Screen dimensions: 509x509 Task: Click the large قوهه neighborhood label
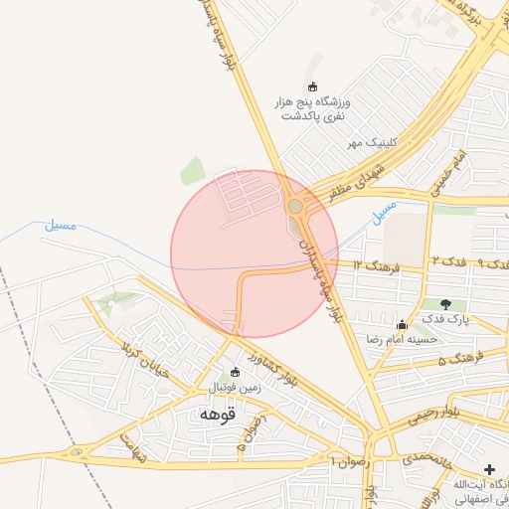[216, 413]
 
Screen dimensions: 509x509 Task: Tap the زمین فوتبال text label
[236, 388]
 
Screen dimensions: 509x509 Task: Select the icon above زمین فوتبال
[236, 373]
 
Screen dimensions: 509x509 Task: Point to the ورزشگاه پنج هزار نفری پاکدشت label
[314, 108]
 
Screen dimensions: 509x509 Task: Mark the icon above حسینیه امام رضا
[402, 323]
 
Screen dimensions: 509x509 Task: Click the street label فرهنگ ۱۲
[375, 266]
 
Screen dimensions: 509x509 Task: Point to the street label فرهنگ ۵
[461, 355]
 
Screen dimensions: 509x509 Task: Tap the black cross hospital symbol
[489, 468]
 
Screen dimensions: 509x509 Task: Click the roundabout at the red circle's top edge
[295, 207]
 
